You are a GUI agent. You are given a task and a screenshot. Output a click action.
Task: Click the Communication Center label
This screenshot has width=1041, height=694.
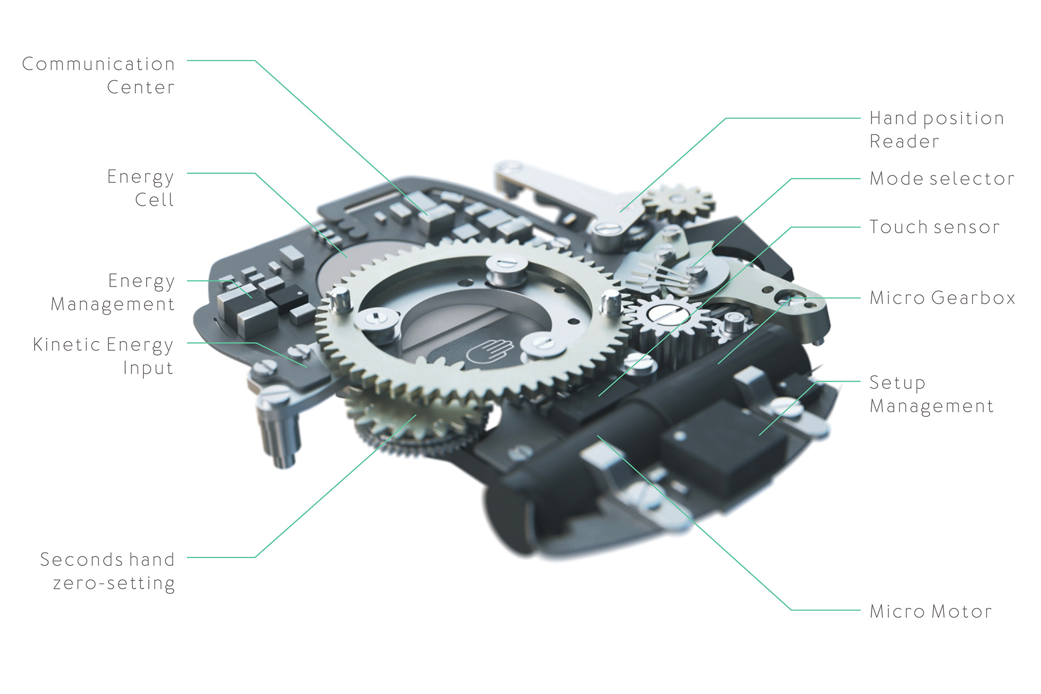[x=98, y=76]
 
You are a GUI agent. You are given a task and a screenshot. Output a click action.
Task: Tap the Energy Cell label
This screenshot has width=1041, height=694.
[x=141, y=188]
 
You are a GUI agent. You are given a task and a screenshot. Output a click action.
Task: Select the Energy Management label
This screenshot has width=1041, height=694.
[x=113, y=292]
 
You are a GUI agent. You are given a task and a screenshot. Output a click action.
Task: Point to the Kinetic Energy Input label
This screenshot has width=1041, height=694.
[x=103, y=356]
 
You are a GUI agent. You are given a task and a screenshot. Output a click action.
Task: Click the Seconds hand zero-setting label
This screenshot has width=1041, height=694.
[x=107, y=571]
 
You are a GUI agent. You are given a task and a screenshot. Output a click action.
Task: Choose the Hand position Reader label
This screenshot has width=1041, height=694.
[x=937, y=130]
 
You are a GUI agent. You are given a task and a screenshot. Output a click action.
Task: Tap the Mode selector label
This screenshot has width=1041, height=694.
[x=942, y=178]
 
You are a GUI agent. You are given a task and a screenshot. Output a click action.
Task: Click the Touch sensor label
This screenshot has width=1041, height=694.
[x=935, y=227]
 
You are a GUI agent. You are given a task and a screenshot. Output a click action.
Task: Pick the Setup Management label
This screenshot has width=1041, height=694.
[x=931, y=395]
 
